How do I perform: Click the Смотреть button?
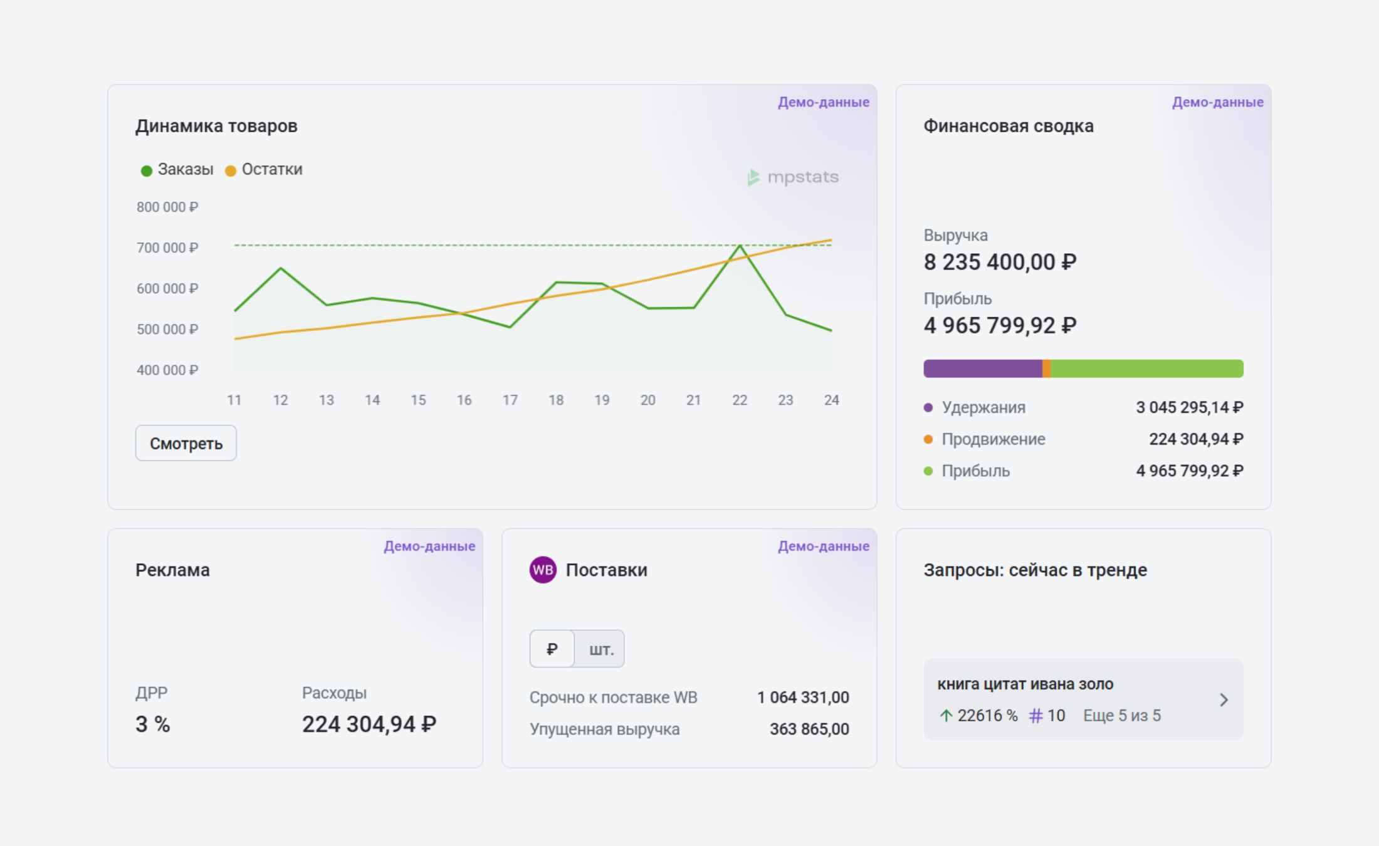click(x=186, y=443)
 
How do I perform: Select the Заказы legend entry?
click(x=177, y=170)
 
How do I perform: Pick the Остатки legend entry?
click(x=264, y=170)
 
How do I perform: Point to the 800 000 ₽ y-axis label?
click(x=167, y=207)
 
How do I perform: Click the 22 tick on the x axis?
click(x=740, y=400)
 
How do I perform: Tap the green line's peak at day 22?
click(x=740, y=246)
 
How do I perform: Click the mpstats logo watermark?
click(x=793, y=177)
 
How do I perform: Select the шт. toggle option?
click(x=600, y=649)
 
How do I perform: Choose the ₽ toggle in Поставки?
click(x=552, y=649)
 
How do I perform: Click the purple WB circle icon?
click(x=543, y=570)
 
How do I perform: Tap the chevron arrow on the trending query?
click(x=1224, y=700)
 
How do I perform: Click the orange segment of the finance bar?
click(x=1046, y=368)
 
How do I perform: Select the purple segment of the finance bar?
click(x=982, y=368)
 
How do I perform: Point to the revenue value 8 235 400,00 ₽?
click(x=1000, y=263)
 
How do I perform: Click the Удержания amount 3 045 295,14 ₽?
click(x=1189, y=408)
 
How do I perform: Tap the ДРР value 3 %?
click(x=153, y=725)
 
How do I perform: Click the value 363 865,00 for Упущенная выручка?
click(x=809, y=729)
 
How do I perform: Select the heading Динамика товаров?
click(x=216, y=127)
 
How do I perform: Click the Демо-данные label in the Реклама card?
click(x=429, y=546)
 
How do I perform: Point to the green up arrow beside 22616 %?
click(x=946, y=716)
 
